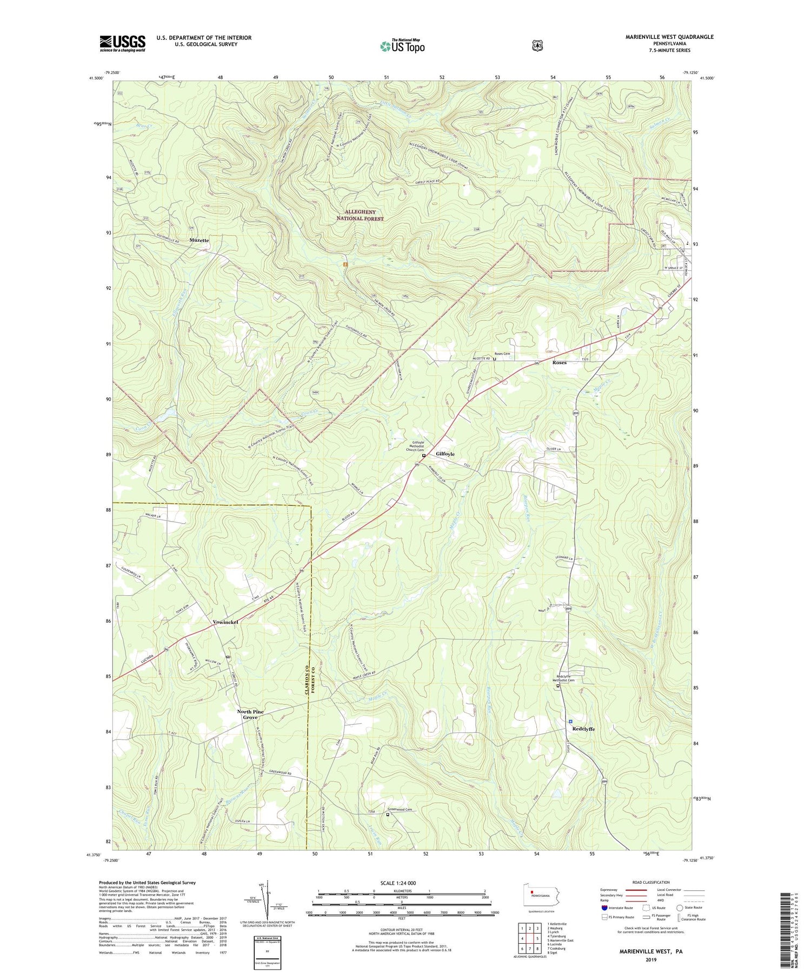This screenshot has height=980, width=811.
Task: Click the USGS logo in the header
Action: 122,43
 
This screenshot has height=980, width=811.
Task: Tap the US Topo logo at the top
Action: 402,46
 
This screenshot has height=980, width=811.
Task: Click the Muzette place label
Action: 199,239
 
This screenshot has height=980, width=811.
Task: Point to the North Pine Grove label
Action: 250,715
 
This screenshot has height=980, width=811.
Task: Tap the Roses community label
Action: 559,362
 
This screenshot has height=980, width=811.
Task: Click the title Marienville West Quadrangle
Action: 669,37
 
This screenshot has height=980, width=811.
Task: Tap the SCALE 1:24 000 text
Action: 402,883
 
